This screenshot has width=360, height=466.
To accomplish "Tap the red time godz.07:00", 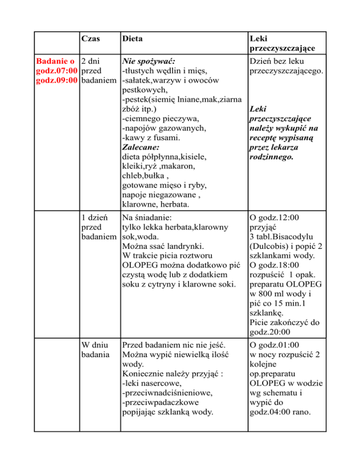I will [57, 70].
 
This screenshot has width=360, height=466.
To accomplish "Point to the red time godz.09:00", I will [57, 80].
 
